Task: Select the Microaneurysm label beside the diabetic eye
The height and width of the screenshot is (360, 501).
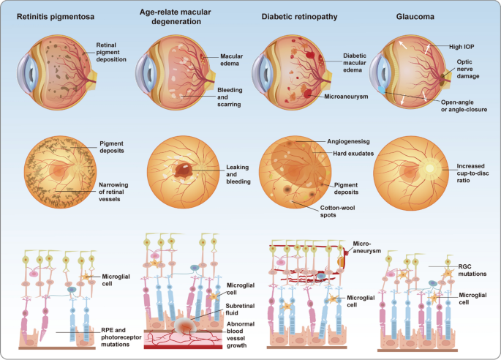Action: point(348,95)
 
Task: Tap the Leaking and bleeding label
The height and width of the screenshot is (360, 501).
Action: point(238,172)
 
